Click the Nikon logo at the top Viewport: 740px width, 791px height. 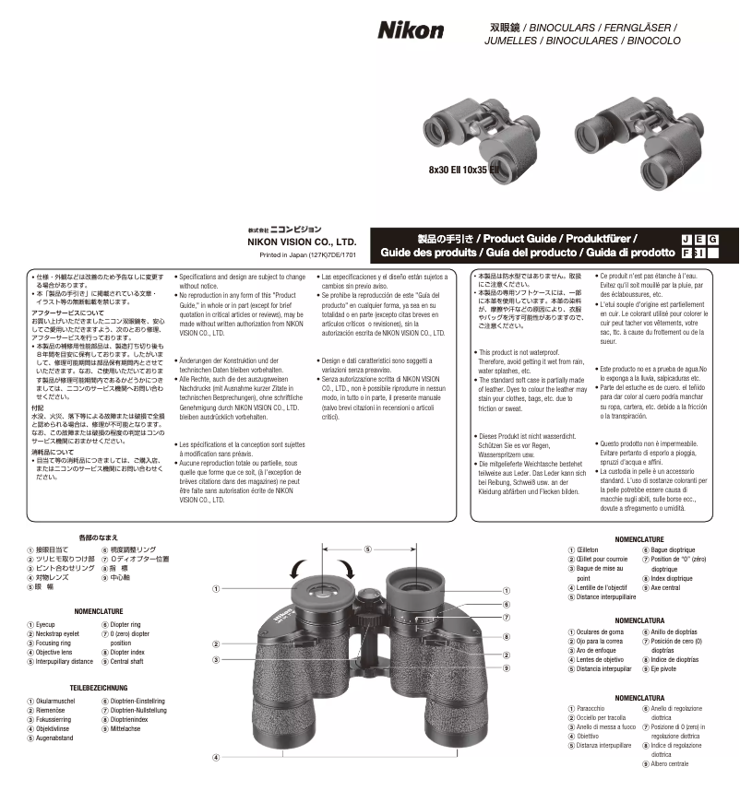(411, 30)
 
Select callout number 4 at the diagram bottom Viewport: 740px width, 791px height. (215, 757)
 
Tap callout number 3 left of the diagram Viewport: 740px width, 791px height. (215, 659)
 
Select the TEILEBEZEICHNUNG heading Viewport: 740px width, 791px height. (99, 688)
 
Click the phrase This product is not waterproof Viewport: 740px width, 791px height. (520, 352)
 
